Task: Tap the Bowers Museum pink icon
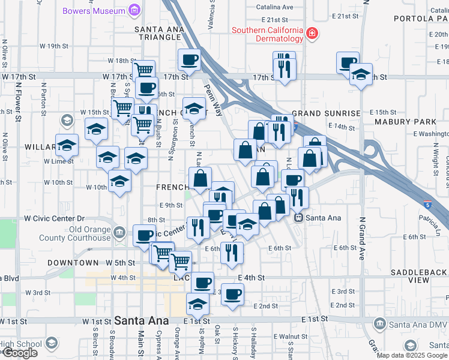pyautogui.click(x=134, y=10)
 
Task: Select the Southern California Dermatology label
pyautogui.click(x=268, y=34)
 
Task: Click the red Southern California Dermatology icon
pyautogui.click(x=312, y=34)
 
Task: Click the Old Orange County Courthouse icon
pyautogui.click(x=119, y=232)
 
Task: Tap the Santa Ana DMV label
pyautogui.click(x=416, y=325)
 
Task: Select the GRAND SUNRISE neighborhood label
pyautogui.click(x=326, y=113)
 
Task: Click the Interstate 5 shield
pyautogui.click(x=427, y=205)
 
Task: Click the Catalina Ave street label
pyautogui.click(x=274, y=7)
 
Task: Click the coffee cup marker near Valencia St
pyautogui.click(x=190, y=61)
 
